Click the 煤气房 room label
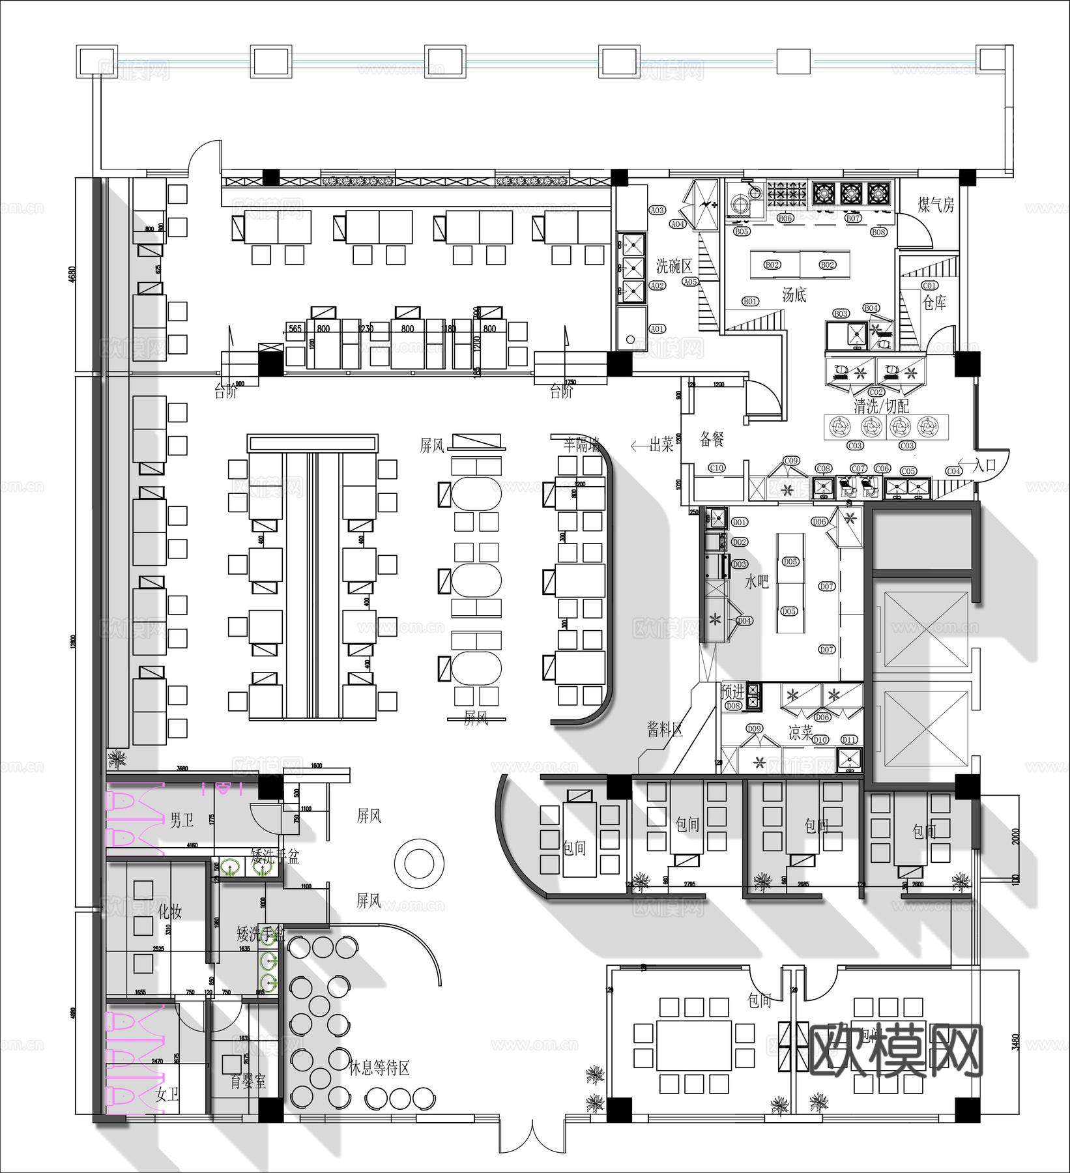coord(936,205)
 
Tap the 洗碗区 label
coord(673,266)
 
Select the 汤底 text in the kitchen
coord(794,295)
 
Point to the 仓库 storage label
coord(934,302)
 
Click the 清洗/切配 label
coord(881,406)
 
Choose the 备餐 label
coord(712,439)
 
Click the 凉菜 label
coord(801,733)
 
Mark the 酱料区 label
coord(665,730)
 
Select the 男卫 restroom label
coord(181,820)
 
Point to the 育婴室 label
coord(248,1082)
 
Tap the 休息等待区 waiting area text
coord(379,1068)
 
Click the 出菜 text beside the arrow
coord(661,445)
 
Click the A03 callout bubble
coord(657,210)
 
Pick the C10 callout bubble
coord(716,468)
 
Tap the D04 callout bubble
coord(744,620)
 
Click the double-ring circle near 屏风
coord(419,863)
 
